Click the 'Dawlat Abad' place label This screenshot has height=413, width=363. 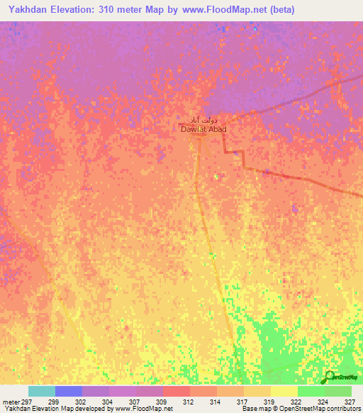point(203,130)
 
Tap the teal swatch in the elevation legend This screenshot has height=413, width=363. point(42,391)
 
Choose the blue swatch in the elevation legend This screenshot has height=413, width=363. point(69,391)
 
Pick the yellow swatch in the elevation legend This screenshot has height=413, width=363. point(284,391)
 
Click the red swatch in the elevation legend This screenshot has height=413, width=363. point(177,391)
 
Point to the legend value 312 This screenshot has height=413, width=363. point(189,402)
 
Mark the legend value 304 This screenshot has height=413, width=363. point(108,402)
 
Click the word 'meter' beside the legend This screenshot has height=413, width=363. point(12,402)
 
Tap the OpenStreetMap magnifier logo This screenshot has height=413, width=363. point(330,377)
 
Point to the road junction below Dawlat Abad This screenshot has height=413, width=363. point(201,138)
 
